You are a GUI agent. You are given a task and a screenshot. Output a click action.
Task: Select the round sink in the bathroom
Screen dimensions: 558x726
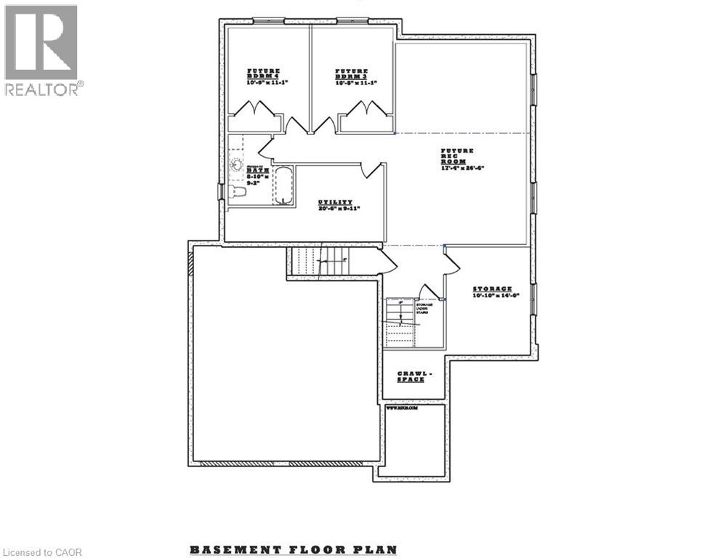[235, 164]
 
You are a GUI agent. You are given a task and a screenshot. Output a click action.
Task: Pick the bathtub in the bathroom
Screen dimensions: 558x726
[283, 186]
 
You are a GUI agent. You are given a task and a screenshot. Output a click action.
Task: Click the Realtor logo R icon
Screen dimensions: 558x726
[41, 42]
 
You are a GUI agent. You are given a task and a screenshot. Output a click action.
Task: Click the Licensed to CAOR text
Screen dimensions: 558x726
[43, 552]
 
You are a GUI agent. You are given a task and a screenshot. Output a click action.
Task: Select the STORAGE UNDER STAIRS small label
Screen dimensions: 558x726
[424, 309]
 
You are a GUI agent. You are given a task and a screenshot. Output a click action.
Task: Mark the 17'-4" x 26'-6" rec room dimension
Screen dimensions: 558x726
[462, 168]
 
